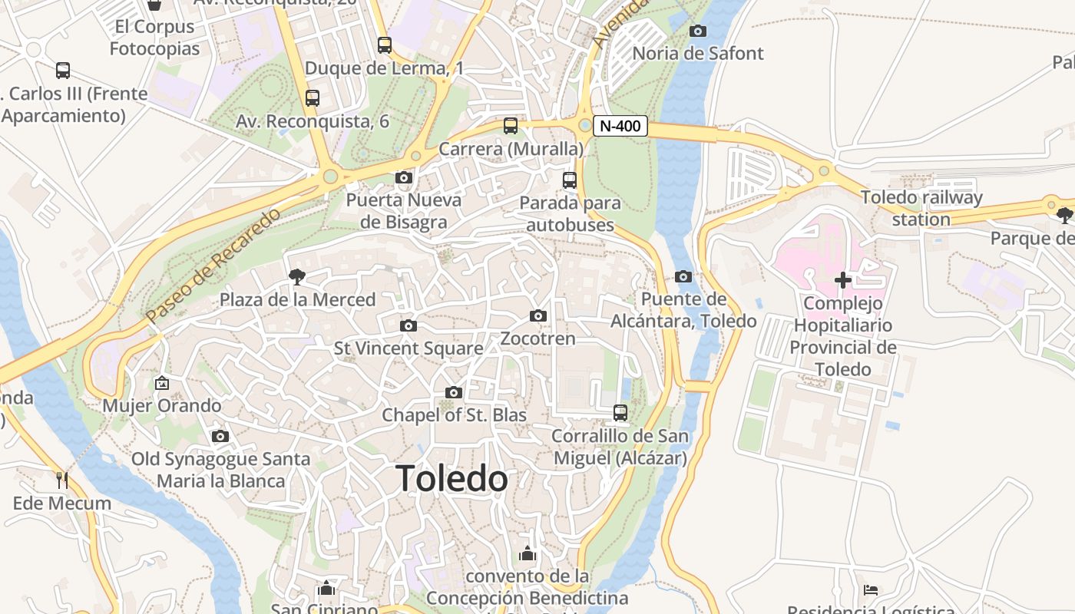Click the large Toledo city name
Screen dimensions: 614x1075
(x=451, y=479)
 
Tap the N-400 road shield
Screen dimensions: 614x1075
(x=620, y=126)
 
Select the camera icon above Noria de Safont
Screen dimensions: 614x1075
(x=698, y=31)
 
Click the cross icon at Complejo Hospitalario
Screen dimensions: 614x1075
(x=843, y=280)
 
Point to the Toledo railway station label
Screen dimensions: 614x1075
(x=921, y=208)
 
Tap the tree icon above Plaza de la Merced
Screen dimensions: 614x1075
(x=296, y=277)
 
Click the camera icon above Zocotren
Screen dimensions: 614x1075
(x=538, y=316)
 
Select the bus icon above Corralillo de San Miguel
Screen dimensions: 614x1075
(x=620, y=413)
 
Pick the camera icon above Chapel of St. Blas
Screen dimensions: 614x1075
(x=454, y=393)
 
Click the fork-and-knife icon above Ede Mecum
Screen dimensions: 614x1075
(x=62, y=480)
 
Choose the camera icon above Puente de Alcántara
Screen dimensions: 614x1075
(x=683, y=277)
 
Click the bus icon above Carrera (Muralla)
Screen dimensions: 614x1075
(x=511, y=126)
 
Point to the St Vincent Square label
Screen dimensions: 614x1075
(x=408, y=348)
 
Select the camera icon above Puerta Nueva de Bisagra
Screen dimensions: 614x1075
(x=404, y=178)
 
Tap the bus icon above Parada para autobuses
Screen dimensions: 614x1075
(x=570, y=180)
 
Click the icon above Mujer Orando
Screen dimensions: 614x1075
(x=162, y=383)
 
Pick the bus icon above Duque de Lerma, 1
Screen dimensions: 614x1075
(x=385, y=45)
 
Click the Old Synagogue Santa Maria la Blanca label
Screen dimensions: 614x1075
(x=221, y=470)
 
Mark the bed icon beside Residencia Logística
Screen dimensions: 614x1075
(x=871, y=590)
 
